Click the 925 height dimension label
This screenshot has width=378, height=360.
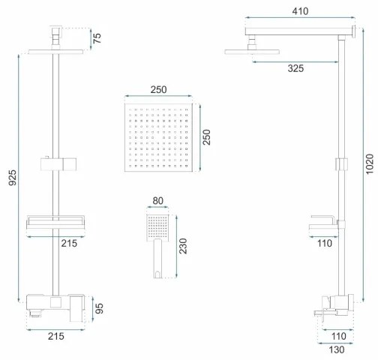[x=10, y=177]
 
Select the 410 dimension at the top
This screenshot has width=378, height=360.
[x=299, y=12]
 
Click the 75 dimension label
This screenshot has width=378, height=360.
[x=97, y=38]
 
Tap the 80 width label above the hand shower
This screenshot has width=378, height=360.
[x=157, y=200]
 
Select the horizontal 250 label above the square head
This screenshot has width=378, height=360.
[x=158, y=89]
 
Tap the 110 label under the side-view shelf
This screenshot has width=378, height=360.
[x=323, y=244]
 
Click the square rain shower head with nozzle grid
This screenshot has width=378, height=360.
[x=158, y=139]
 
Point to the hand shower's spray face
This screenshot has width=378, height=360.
[x=157, y=223]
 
